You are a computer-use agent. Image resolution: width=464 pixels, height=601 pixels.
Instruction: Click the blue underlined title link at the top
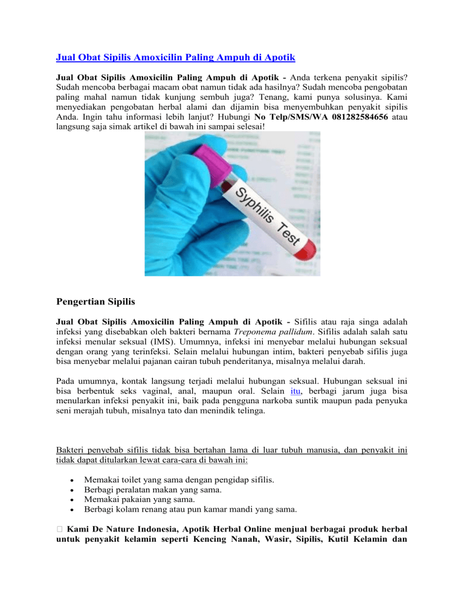point(175,59)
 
